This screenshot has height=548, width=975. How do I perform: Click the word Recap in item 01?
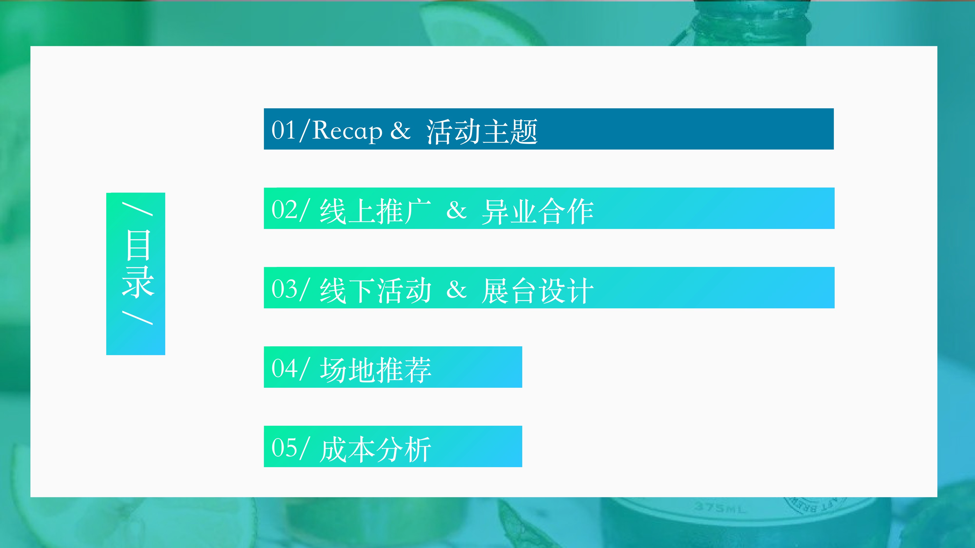(x=347, y=131)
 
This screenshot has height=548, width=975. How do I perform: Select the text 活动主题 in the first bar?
(x=482, y=131)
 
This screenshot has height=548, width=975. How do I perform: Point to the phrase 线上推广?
(x=375, y=211)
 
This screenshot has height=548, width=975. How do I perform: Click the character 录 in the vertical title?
(x=138, y=282)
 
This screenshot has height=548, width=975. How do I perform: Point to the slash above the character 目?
(x=137, y=209)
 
